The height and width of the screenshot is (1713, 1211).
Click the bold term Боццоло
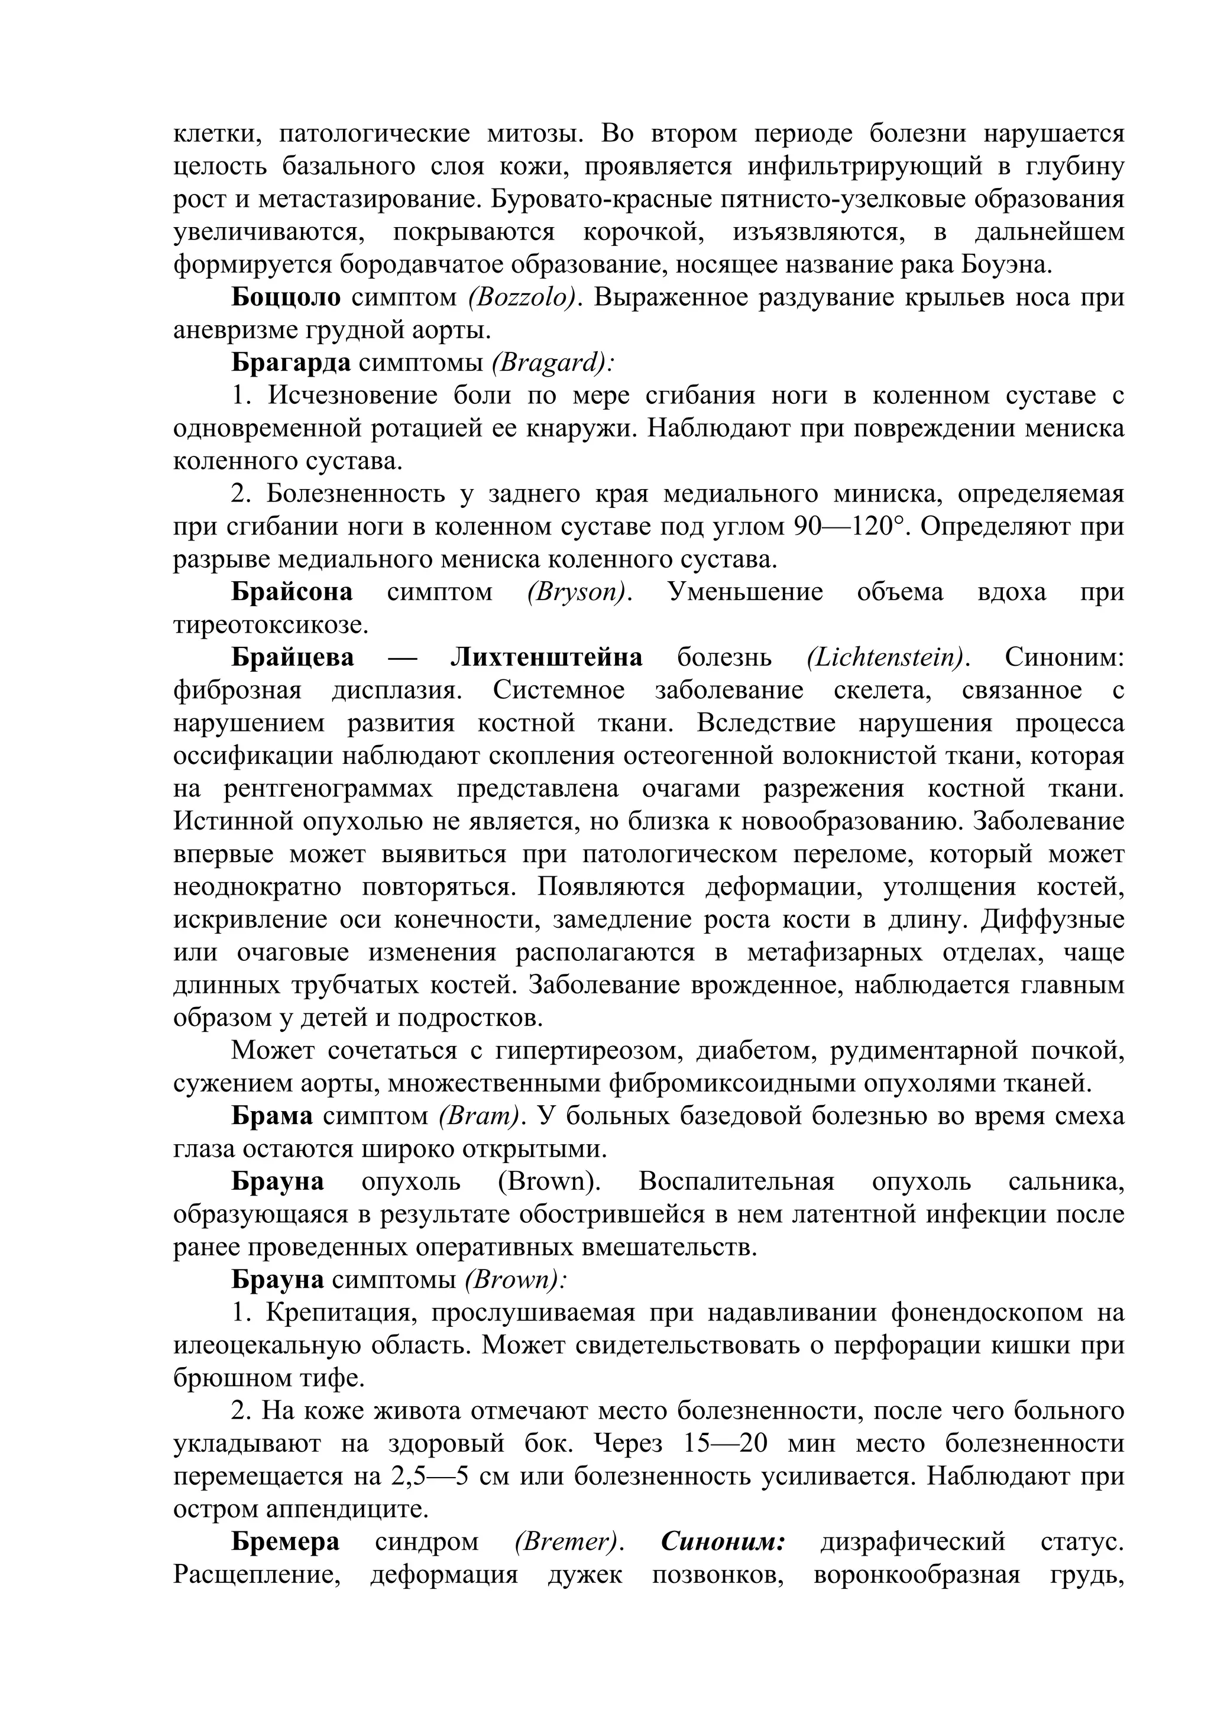point(286,297)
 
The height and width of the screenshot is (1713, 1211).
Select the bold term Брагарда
point(291,363)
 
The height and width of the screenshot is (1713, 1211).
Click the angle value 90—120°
point(853,527)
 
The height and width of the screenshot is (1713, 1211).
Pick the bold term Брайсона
point(292,592)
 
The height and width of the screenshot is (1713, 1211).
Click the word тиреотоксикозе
point(271,625)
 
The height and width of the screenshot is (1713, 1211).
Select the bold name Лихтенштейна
point(546,658)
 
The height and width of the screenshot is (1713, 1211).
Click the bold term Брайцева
point(293,658)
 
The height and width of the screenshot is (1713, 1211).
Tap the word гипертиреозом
point(589,1051)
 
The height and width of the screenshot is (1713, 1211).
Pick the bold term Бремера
point(285,1543)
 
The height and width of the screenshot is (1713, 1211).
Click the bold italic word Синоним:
point(722,1543)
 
